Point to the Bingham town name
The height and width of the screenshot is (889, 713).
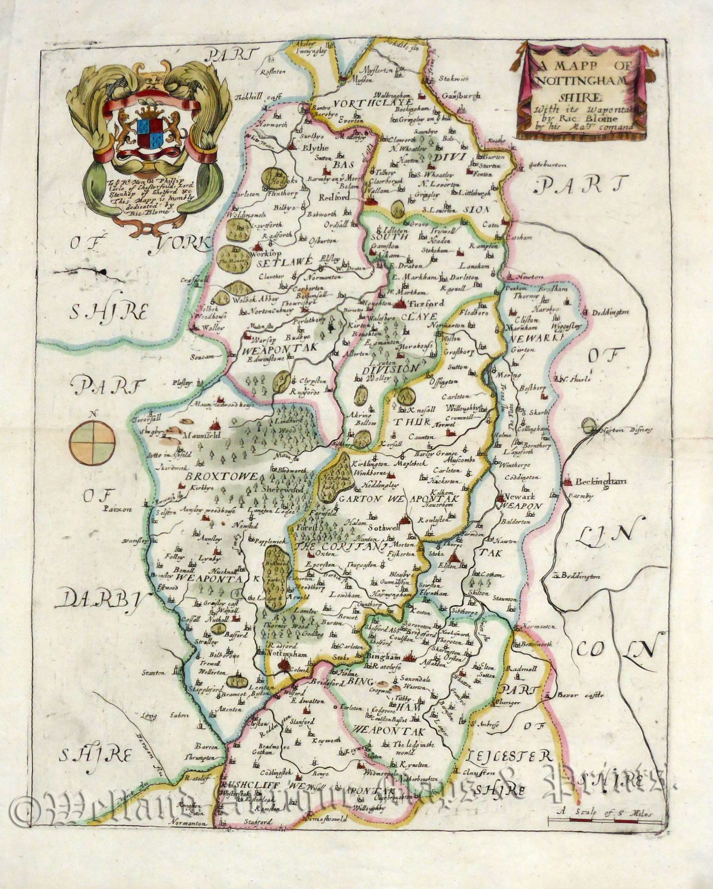[x=384, y=657]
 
